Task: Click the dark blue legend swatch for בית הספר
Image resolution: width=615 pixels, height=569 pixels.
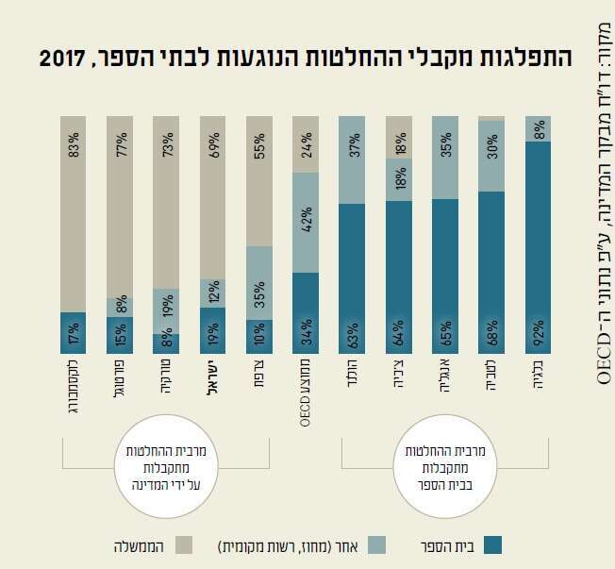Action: click(491, 544)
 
